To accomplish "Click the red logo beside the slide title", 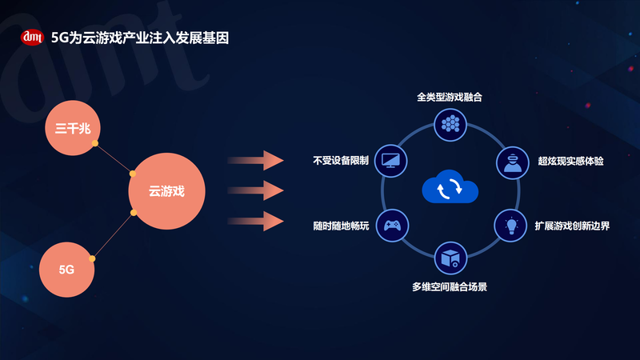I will click(x=33, y=37).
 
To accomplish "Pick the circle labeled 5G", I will click(x=66, y=270).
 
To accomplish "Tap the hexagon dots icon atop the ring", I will click(x=450, y=122).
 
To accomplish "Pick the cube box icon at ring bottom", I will click(x=450, y=258).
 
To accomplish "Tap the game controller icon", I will click(x=393, y=225).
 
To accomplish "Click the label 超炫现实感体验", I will click(x=570, y=161).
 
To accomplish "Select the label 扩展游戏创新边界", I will click(x=572, y=226).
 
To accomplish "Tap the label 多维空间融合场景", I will click(x=450, y=286).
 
